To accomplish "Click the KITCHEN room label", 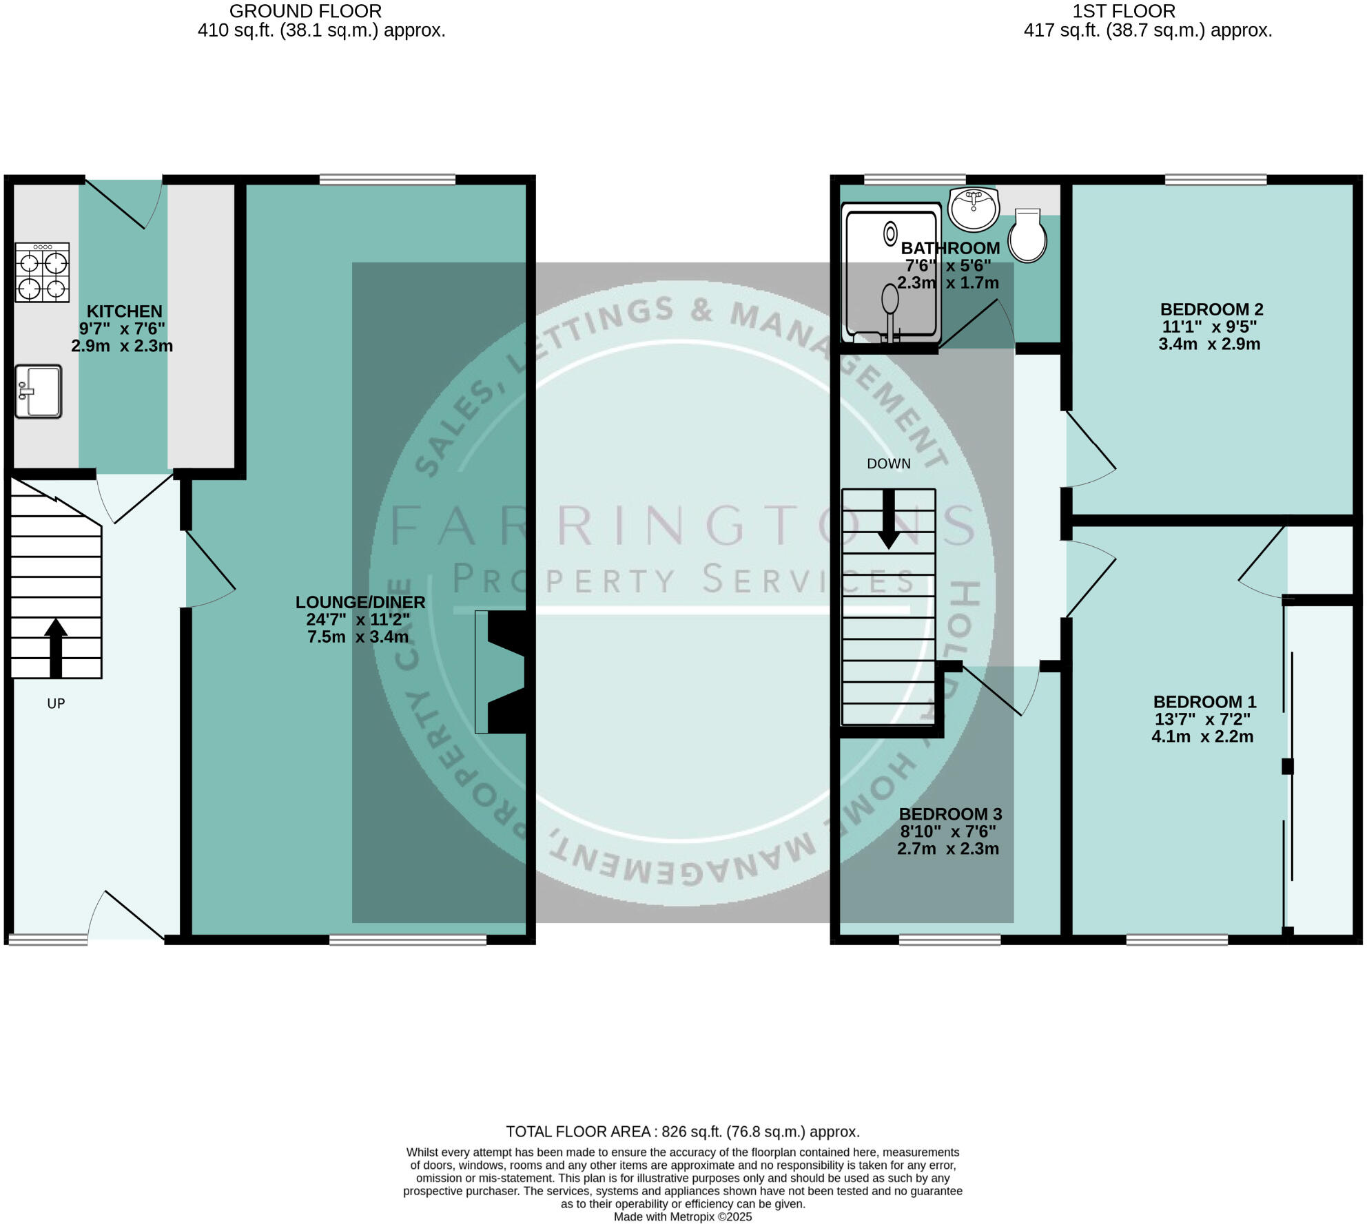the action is pyautogui.click(x=124, y=311).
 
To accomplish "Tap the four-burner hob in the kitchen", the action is pyautogui.click(x=42, y=272).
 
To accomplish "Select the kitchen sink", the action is pyautogui.click(x=39, y=391).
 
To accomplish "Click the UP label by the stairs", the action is pyautogui.click(x=56, y=703).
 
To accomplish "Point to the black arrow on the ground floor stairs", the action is pyautogui.click(x=56, y=647).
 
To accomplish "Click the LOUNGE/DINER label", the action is pyautogui.click(x=360, y=602).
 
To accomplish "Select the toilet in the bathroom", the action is pyautogui.click(x=1027, y=235).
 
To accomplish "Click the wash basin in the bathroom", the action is pyautogui.click(x=973, y=208).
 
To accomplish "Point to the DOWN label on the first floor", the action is pyautogui.click(x=889, y=464).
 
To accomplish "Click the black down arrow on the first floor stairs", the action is pyautogui.click(x=889, y=519).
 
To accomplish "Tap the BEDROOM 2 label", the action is pyautogui.click(x=1211, y=309).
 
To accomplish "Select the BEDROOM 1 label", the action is pyautogui.click(x=1204, y=702).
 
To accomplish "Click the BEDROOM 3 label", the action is pyautogui.click(x=950, y=814).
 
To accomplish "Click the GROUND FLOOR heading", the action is pyautogui.click(x=305, y=11).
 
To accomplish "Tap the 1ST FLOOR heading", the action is pyautogui.click(x=1124, y=11).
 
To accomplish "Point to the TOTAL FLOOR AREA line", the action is pyautogui.click(x=683, y=1132).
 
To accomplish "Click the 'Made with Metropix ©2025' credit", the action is pyautogui.click(x=683, y=1217).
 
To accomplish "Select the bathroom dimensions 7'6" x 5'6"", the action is pyautogui.click(x=948, y=265).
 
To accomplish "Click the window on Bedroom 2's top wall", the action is pyautogui.click(x=1215, y=180).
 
